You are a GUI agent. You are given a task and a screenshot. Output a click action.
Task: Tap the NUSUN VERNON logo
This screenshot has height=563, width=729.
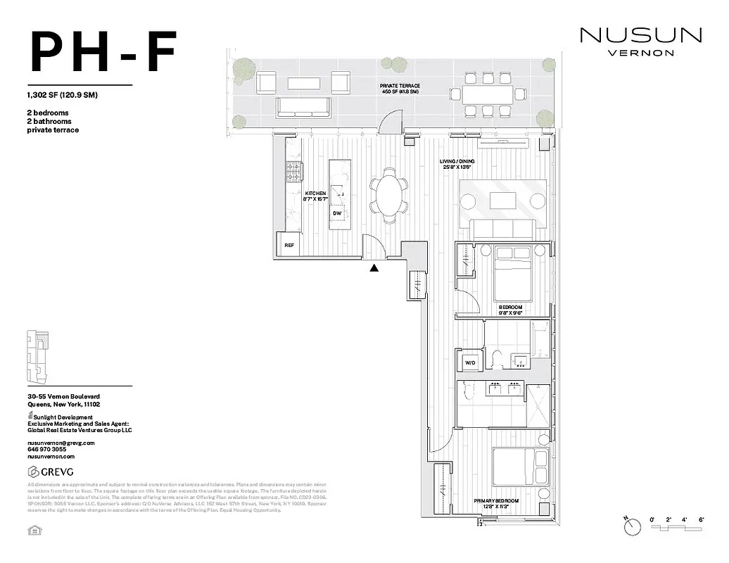[640, 41]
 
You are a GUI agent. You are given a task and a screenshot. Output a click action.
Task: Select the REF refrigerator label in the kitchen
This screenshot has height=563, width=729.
[289, 246]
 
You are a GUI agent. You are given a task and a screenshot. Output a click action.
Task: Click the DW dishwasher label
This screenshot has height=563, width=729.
[337, 213]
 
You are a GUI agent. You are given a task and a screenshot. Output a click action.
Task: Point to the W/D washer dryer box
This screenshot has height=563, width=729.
[470, 363]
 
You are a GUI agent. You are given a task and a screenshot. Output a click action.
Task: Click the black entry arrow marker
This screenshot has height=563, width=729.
[374, 267]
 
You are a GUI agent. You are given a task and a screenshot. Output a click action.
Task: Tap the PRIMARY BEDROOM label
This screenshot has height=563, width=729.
[495, 501]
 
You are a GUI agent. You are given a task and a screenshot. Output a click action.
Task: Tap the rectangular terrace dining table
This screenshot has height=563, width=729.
[489, 94]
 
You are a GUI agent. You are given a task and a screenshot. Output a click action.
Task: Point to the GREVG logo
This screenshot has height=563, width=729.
[50, 471]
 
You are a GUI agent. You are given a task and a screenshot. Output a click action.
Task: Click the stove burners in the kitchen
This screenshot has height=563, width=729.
[293, 172]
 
